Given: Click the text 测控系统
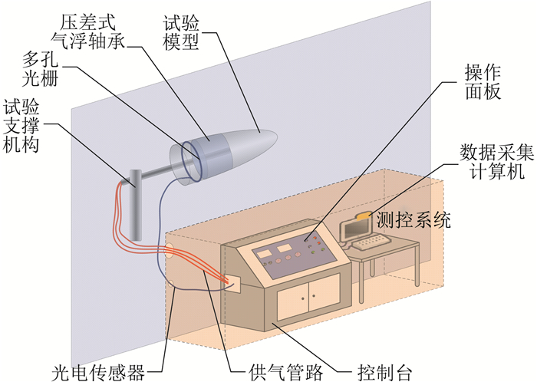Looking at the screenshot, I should pos(413,220).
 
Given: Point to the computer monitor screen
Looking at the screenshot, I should pos(357,228).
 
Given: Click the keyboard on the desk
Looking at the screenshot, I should pos(374,243).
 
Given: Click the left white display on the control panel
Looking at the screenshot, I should pos(263,252).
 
